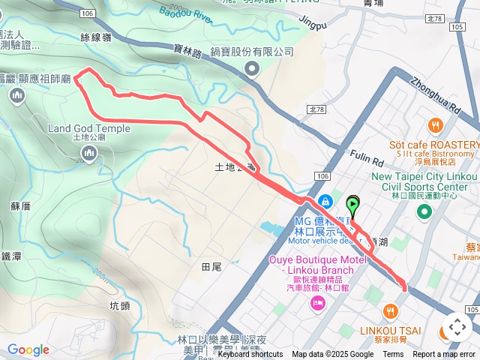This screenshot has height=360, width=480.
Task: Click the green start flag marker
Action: pyautogui.click(x=353, y=203)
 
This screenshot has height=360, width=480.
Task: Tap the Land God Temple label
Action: pyautogui.click(x=89, y=128)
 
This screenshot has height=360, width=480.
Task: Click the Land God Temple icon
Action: pyautogui.click(x=89, y=154)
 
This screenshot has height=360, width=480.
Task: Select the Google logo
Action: pyautogui.click(x=28, y=349)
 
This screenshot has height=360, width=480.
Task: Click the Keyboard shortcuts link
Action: pyautogui.click(x=250, y=355)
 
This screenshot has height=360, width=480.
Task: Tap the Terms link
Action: pyautogui.click(x=393, y=355)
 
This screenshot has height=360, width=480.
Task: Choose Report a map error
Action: pyautogui.click(x=444, y=355)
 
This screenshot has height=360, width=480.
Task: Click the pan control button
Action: pyautogui.click(x=457, y=327)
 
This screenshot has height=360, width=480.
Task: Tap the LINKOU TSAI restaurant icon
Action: pyautogui.click(x=390, y=310)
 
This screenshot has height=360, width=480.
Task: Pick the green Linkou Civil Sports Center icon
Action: pyautogui.click(x=424, y=212)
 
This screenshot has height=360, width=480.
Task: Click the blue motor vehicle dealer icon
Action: pyautogui.click(x=326, y=202)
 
